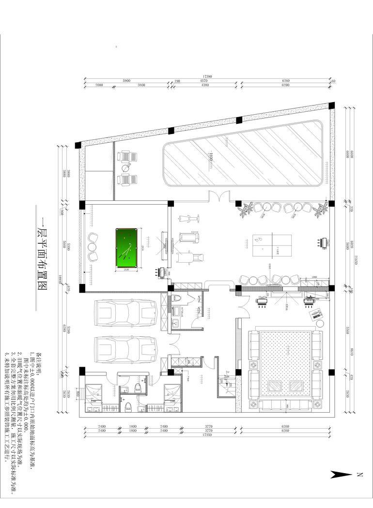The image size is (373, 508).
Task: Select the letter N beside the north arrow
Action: pos(359,475)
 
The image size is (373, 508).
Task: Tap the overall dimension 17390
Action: pos(208,76)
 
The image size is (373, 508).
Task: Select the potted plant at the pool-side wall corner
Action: pos(320,209)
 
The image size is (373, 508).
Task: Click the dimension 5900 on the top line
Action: pos(127,80)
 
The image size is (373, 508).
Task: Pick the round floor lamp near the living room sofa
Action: pos(320,323)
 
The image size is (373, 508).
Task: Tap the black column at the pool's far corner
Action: pos(331,105)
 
